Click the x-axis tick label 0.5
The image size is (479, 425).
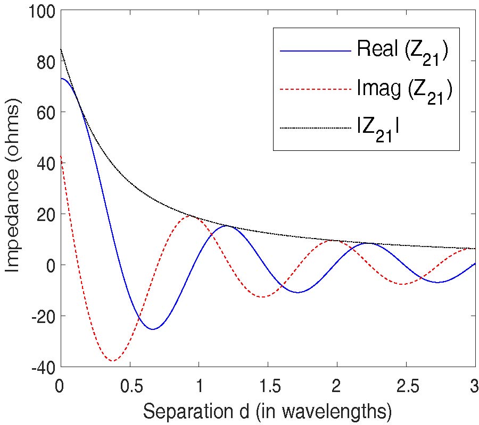coord(129,385)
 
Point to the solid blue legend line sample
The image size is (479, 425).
coord(316,51)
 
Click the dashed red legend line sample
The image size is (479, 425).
coord(316,90)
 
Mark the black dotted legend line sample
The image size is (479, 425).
coord(316,127)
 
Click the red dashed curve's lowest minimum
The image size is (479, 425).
coord(113,361)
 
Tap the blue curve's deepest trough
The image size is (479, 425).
coord(153,329)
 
